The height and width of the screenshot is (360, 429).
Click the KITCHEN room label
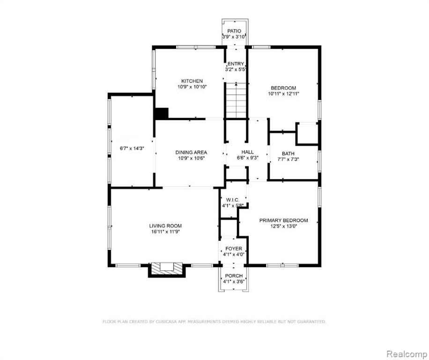point(192,81)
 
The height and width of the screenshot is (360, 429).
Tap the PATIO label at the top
point(234,31)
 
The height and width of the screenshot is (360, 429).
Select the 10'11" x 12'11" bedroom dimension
point(283,94)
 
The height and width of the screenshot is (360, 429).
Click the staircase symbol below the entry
point(236,100)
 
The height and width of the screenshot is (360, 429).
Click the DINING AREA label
point(191,152)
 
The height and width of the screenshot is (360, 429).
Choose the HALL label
point(247,152)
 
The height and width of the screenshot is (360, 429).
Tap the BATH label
point(288,154)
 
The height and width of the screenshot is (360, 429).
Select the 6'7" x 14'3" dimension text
point(132,149)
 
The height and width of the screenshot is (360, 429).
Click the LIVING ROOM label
point(165,226)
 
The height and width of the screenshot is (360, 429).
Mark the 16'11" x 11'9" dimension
point(165,232)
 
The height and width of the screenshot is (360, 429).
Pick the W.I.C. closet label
point(233,200)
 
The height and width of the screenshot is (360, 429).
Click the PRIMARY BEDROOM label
point(283,220)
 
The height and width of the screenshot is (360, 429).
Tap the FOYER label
point(234,248)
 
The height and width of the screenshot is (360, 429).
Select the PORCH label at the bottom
point(234,276)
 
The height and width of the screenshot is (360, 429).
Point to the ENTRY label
point(236,64)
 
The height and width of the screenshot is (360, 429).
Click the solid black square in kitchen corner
point(162,113)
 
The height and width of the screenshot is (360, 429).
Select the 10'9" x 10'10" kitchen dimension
point(192,87)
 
